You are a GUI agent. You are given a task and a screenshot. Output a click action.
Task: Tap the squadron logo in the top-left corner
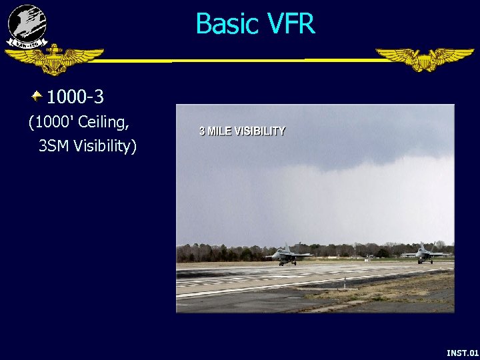(x=27, y=25)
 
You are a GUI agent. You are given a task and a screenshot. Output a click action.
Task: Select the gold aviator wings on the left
(x=54, y=60)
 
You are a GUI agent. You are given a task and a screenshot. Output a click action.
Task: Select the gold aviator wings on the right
(x=424, y=59)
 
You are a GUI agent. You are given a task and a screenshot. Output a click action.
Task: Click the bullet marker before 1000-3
(x=37, y=97)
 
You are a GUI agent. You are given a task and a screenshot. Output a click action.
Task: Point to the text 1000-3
(x=75, y=97)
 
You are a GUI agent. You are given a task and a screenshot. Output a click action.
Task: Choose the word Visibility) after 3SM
(x=105, y=145)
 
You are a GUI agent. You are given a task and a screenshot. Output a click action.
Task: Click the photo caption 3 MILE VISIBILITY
(x=242, y=131)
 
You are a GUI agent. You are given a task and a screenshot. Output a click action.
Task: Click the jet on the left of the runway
(x=288, y=255)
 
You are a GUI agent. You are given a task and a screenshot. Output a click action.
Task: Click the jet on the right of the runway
(x=425, y=253)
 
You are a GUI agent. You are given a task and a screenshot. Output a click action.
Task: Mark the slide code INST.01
(x=462, y=352)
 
